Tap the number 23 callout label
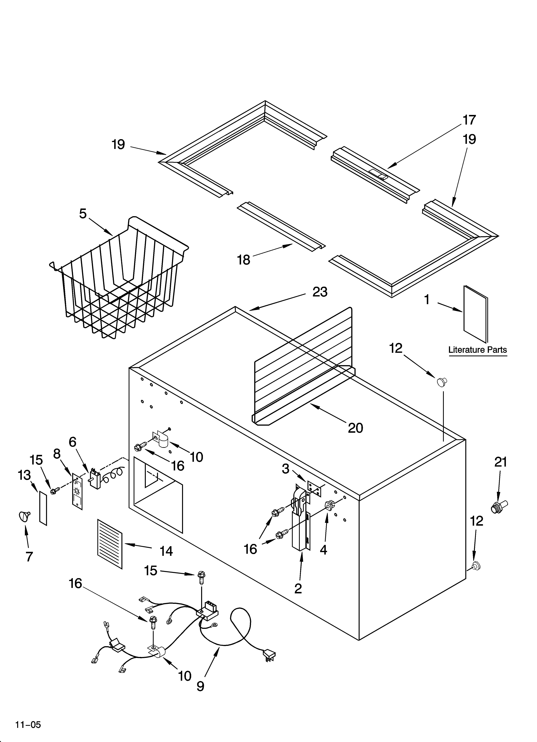pos(320,292)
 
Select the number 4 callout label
pos(323,550)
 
